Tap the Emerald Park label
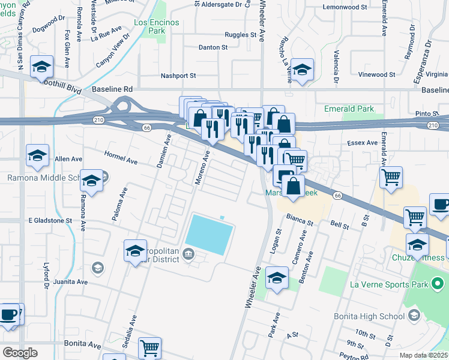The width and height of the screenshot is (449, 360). tap(349, 109)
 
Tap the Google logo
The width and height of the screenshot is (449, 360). tap(20, 352)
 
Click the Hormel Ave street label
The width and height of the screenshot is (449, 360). tap(122, 161)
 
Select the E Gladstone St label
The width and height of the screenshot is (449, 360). tap(50, 221)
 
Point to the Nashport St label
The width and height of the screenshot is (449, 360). tap(178, 76)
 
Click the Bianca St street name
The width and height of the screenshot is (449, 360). tap(300, 219)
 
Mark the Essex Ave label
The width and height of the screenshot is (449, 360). tap(363, 143)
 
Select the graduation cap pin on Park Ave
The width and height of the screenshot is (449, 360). tap(277, 277)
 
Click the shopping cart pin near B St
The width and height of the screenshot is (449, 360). tap(391, 177)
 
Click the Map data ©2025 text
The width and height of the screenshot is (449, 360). tap(424, 355)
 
